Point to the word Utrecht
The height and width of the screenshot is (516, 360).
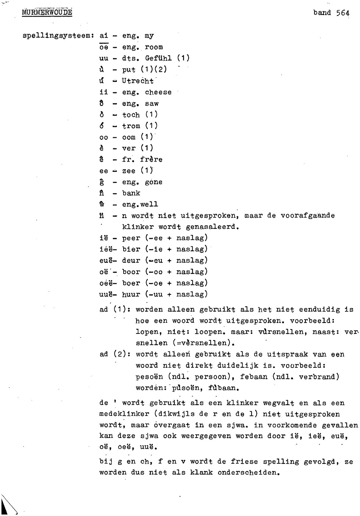pyautogui.click(x=138, y=81)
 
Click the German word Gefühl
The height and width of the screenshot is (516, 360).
pyautogui.click(x=158, y=59)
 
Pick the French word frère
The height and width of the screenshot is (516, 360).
pyautogui.click(x=151, y=160)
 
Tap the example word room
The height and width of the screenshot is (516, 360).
pyautogui.click(x=154, y=47)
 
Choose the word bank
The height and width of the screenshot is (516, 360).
pyautogui.click(x=131, y=193)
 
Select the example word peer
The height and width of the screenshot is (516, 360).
pyautogui.click(x=131, y=238)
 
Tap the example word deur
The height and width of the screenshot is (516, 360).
pyautogui.click(x=131, y=261)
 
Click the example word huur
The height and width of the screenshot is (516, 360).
pyautogui.click(x=131, y=294)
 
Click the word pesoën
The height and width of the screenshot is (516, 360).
pyautogui.click(x=149, y=377)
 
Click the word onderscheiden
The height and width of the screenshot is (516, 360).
pyautogui.click(x=249, y=473)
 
